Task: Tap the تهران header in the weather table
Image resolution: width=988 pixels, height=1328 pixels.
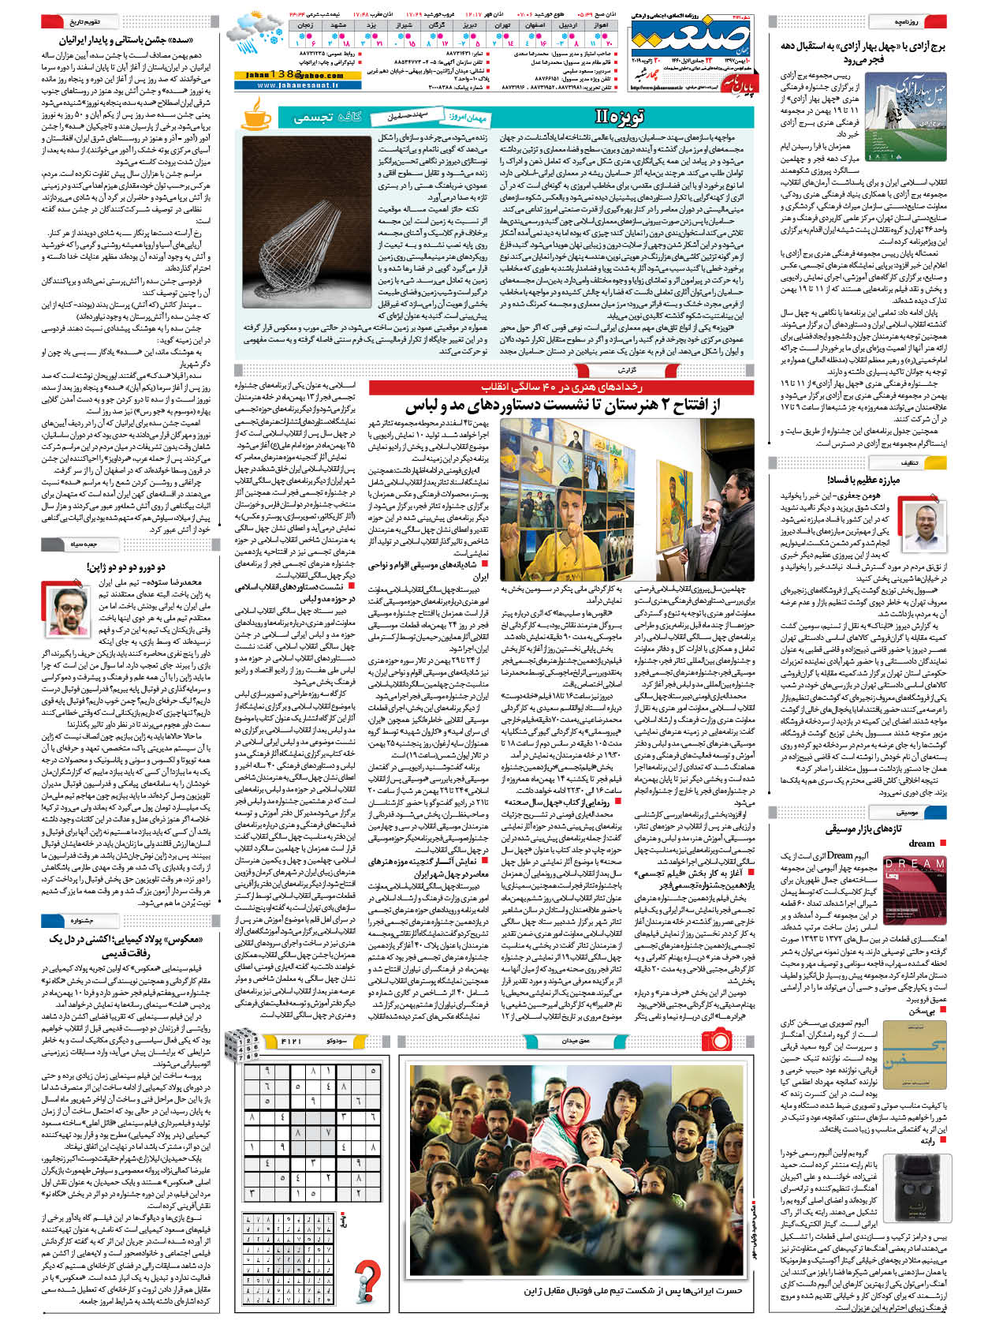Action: (x=501, y=25)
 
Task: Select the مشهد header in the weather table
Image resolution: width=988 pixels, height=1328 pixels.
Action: (x=337, y=25)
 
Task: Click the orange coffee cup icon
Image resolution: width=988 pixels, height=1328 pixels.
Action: (x=255, y=117)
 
